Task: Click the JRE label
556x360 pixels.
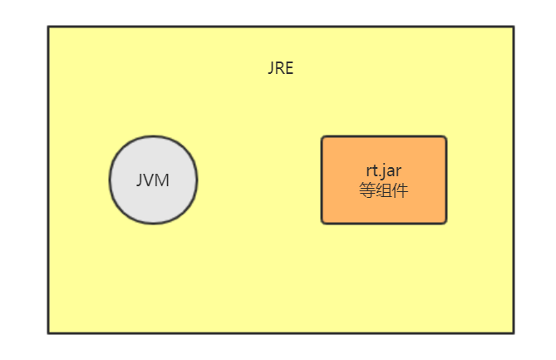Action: point(280,69)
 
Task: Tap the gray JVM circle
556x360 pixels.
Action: point(154,180)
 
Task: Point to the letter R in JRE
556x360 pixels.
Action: point(280,69)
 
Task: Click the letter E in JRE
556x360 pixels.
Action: point(288,69)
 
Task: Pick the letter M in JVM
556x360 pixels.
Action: point(163,180)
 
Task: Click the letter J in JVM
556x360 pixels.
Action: point(140,180)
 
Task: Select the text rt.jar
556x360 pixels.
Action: point(384,172)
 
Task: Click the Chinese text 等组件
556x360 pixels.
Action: point(384,190)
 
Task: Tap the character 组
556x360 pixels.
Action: point(384,190)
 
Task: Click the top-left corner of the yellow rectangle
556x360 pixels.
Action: point(48,27)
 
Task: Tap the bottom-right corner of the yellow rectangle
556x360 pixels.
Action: point(513,333)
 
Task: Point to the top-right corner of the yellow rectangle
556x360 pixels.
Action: point(513,27)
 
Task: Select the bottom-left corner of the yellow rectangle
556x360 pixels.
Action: point(48,333)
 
